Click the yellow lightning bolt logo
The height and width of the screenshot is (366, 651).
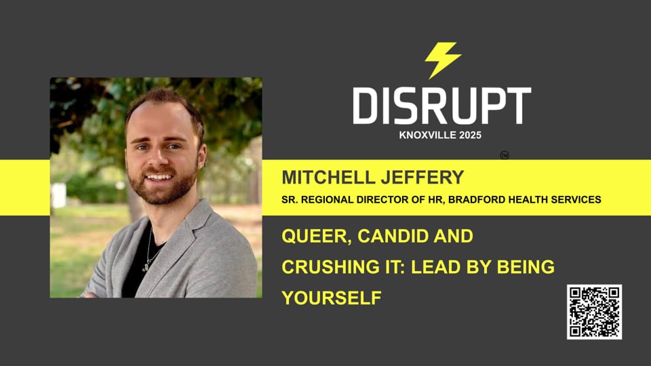coord(443,60)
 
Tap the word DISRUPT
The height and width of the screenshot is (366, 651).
coord(441,106)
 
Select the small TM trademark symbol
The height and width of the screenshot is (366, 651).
coord(505,155)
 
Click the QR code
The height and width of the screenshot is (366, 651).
coord(594,312)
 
